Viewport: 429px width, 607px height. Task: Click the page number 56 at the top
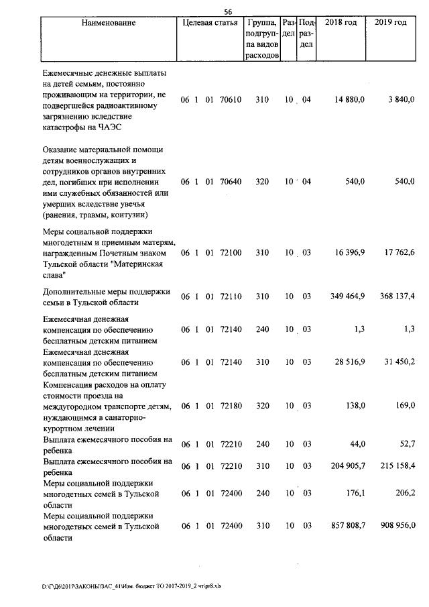pos(227,11)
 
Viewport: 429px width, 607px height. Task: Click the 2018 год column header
pos(341,23)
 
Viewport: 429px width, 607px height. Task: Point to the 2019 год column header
pos(391,23)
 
